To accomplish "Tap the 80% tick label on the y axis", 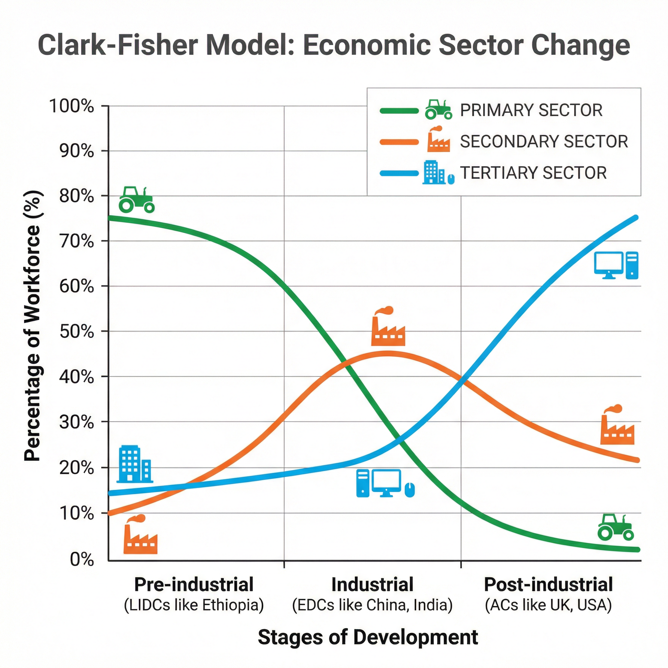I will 76,196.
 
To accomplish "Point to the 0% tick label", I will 82,559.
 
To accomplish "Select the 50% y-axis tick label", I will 76,332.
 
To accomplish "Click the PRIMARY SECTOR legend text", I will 531,110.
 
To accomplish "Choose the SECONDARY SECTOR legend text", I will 543,142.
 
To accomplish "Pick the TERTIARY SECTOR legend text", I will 533,173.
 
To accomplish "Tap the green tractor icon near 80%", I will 136,200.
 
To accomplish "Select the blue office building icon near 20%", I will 134,464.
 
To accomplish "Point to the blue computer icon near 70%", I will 616,265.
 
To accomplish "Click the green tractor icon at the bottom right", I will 615,527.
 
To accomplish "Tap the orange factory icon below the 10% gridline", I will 140,535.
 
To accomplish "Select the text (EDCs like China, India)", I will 372,605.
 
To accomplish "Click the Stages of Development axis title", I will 368,637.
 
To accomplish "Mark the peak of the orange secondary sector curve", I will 387,354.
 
